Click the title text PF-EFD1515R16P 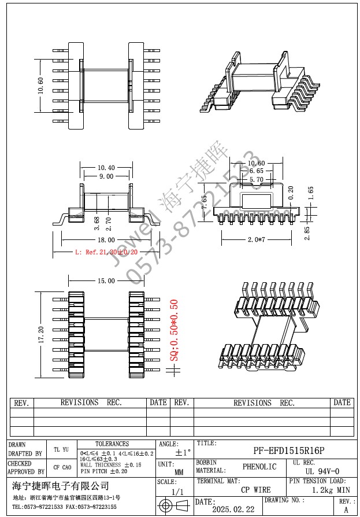(x=289, y=450)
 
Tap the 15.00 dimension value (x=106, y=280)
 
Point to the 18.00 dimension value (x=106, y=239)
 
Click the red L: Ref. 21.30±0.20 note (x=106, y=253)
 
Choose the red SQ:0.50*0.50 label (x=173, y=330)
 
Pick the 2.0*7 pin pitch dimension (x=257, y=239)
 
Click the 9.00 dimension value (x=106, y=176)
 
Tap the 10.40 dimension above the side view (x=106, y=168)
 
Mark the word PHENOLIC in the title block (x=259, y=467)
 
